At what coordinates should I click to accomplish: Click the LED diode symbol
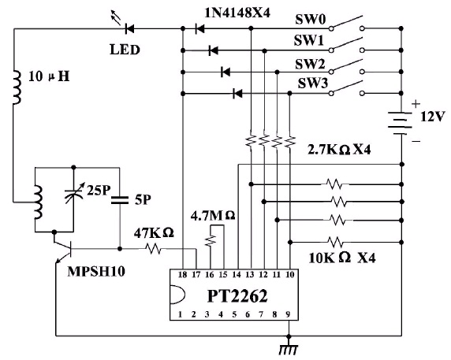tap(130, 28)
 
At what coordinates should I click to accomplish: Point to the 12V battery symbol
tap(401, 124)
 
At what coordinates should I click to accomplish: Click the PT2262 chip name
tap(237, 296)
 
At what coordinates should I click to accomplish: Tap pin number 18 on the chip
tap(182, 275)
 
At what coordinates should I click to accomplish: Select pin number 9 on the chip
tap(288, 314)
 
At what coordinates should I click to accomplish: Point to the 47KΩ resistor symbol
tap(153, 248)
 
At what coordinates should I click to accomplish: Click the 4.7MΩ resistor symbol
tap(211, 241)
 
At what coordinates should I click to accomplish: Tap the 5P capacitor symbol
tap(120, 199)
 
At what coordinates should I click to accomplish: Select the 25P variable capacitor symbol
tap(73, 192)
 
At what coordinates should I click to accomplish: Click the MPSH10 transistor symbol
tap(64, 248)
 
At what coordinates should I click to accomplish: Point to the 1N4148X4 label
tap(237, 13)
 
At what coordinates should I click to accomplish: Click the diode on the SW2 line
tap(225, 72)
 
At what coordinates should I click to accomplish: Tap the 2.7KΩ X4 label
tap(339, 150)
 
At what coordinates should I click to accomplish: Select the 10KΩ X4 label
tap(342, 258)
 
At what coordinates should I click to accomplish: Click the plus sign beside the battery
tap(416, 104)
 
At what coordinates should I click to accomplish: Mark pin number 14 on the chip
tap(237, 275)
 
